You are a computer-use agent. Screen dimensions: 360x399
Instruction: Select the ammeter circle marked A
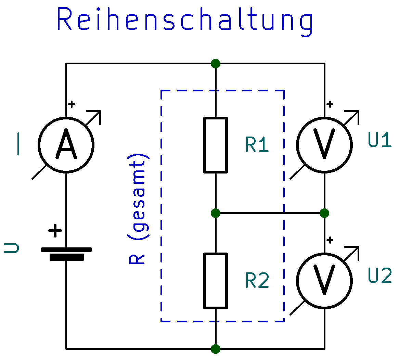(66, 145)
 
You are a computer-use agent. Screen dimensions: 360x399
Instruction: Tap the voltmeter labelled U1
(324, 145)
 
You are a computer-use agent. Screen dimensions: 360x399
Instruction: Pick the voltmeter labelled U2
(324, 281)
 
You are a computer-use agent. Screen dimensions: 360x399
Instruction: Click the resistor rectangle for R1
(216, 145)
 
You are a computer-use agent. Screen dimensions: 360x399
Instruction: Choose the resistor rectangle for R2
(216, 281)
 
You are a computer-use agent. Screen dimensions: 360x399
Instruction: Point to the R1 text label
(257, 145)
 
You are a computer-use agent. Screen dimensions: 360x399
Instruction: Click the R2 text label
(257, 281)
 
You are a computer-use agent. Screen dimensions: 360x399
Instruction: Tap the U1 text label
(380, 140)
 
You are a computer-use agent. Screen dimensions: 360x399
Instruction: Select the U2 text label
(380, 276)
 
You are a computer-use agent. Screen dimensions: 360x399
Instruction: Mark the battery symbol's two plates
(66, 253)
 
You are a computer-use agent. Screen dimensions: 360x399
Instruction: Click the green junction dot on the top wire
(216, 64)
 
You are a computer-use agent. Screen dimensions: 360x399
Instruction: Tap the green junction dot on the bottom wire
(216, 349)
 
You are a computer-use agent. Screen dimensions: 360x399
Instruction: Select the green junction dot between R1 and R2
(216, 213)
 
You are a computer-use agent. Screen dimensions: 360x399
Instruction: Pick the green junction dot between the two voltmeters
(324, 213)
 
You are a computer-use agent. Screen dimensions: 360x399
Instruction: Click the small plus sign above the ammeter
(72, 104)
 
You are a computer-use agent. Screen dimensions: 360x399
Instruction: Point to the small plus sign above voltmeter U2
(330, 240)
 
